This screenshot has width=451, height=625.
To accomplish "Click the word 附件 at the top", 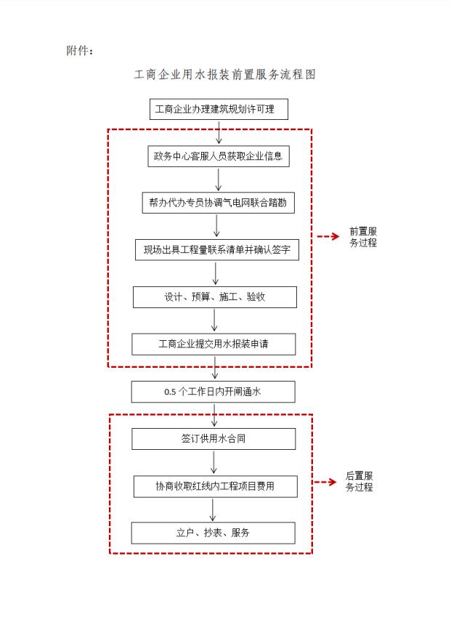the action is pos(77,51).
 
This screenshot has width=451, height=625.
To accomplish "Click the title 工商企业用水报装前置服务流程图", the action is pos(225,75).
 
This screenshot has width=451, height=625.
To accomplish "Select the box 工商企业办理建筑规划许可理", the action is pos(219,109).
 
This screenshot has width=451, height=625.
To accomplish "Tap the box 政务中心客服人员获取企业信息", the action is pos(219,156).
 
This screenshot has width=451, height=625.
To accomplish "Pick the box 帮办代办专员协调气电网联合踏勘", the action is pos(219,203).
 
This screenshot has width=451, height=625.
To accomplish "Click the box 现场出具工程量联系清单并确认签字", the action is pos(217,250).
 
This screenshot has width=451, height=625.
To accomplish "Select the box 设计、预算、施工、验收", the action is pos(215,297).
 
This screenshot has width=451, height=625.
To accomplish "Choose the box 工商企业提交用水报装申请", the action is pos(214,344).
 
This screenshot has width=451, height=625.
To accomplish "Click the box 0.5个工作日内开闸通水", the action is pos(213,392).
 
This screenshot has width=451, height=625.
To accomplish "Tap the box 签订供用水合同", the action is pos(214,439).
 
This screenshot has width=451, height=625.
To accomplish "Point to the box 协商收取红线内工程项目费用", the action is pos(215,486).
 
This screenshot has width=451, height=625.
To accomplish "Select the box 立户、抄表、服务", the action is pos(213,533).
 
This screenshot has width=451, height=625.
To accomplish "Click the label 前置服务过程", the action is pos(363,237).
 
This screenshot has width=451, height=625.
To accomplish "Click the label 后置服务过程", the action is pos(359,482).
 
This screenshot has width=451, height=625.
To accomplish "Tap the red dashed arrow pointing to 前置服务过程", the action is pos(328,237).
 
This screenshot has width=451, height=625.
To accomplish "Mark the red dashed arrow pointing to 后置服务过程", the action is pos(325,482).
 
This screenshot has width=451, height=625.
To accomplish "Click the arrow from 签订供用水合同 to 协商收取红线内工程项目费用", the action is pos(214,462).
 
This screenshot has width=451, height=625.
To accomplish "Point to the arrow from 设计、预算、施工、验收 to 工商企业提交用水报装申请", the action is pos(214,320).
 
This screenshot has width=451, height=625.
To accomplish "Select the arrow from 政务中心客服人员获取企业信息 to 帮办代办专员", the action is pos(219,180).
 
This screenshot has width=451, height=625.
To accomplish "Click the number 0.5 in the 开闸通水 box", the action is pos(170,392).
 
